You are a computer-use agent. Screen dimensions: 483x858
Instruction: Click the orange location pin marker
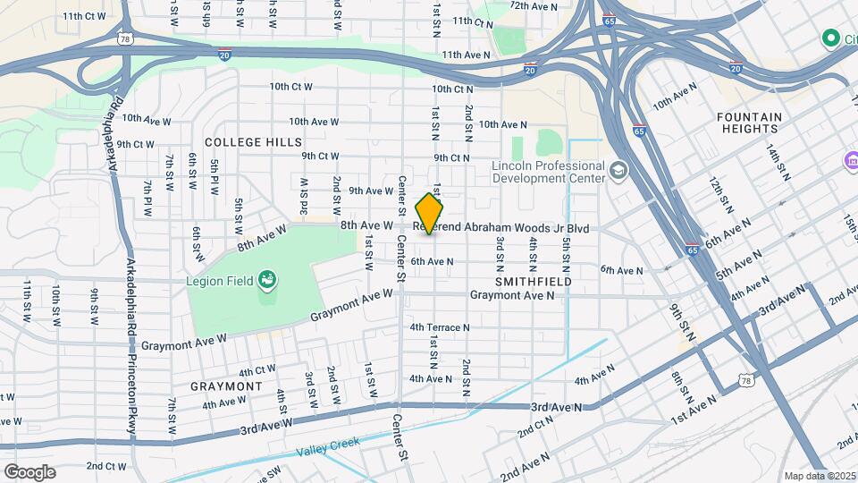(x=430, y=214)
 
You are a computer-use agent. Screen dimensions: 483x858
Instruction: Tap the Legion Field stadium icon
(x=266, y=282)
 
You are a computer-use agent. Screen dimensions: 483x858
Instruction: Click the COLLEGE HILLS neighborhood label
(x=253, y=142)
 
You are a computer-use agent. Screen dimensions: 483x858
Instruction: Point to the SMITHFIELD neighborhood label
(x=534, y=282)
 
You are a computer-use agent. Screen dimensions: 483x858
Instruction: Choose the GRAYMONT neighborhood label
(x=226, y=386)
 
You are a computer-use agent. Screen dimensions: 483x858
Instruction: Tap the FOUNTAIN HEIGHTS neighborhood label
(x=749, y=123)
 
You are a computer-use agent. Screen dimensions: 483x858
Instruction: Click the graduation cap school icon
(x=617, y=170)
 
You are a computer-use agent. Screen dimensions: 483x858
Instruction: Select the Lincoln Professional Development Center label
(x=548, y=172)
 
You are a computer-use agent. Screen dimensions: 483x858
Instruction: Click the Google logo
(x=29, y=471)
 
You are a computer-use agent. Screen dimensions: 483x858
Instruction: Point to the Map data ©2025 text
(x=819, y=476)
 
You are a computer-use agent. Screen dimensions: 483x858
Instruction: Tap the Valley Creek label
(x=329, y=442)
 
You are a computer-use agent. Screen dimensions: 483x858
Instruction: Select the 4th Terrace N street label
(x=440, y=327)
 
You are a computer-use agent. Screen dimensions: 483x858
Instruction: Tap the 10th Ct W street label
(x=291, y=87)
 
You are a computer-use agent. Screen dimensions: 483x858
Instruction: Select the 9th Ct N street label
(x=451, y=157)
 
